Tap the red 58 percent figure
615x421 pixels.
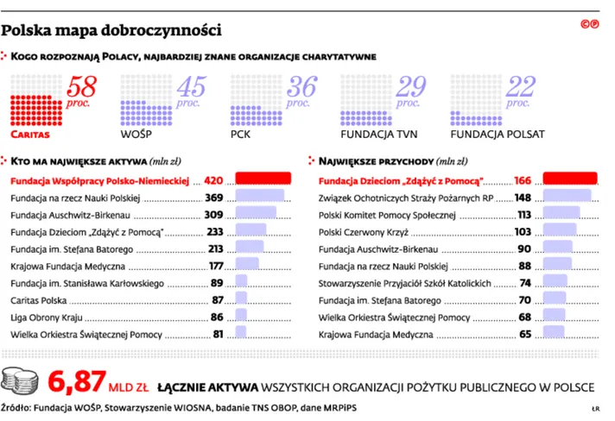pos(81,88)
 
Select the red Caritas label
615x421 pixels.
pos(29,135)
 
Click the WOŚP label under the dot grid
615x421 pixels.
pos(137,135)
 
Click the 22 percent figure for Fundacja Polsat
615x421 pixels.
pos(521,88)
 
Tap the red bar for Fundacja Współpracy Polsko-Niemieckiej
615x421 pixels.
pos(263,180)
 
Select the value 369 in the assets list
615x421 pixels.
pos(214,198)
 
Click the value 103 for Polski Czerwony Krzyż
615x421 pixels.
pos(523,231)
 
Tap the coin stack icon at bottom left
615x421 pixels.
pos(23,380)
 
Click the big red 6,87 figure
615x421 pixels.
pos(77,380)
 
